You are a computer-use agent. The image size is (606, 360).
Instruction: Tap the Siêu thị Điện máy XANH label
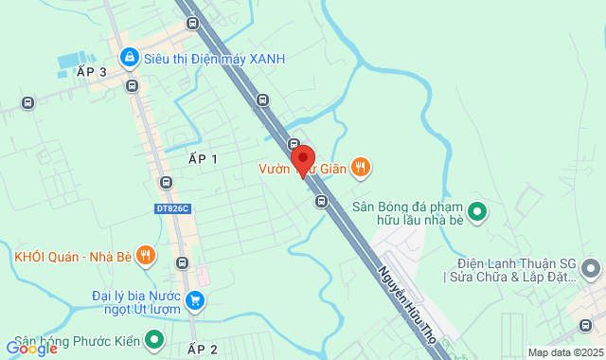tap(214, 59)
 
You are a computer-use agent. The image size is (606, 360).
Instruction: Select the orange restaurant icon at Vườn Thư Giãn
tap(360, 169)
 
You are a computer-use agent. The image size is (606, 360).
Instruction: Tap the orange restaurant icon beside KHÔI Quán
tap(145, 255)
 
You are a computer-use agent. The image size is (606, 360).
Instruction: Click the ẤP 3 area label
tap(92, 71)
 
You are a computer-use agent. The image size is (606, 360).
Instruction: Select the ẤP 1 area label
tap(203, 159)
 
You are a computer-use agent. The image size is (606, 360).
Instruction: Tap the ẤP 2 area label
tap(203, 350)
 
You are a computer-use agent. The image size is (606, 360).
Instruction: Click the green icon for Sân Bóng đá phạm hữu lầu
tap(478, 210)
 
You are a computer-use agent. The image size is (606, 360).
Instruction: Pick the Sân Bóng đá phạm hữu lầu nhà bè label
tap(413, 212)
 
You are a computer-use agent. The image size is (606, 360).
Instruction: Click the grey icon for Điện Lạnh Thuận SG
tap(593, 270)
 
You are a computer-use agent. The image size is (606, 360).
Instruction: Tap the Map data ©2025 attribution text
tap(564, 352)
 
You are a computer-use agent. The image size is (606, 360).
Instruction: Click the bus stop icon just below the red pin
tap(321, 200)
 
